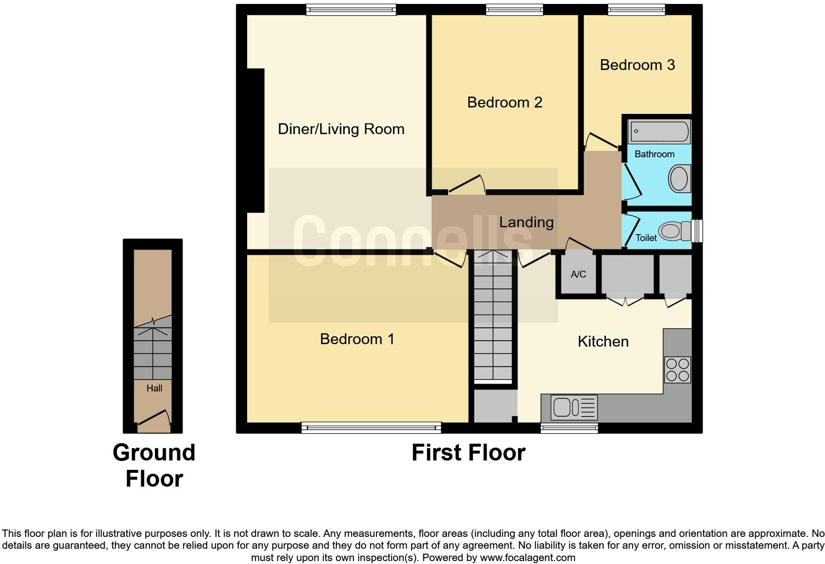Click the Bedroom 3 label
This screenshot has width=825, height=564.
tap(637, 65)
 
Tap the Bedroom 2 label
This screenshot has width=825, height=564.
tap(504, 103)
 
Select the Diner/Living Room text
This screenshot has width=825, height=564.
tap(341, 129)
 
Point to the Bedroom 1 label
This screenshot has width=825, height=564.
tap(357, 339)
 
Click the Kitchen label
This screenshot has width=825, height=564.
tap(603, 342)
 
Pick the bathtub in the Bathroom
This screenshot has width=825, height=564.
tap(659, 132)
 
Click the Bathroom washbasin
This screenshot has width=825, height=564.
tap(679, 178)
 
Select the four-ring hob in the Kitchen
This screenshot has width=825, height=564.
tap(677, 370)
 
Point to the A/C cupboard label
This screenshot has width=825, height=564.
tap(578, 275)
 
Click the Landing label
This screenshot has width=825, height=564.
tap(526, 222)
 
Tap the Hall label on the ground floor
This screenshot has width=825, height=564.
tap(154, 388)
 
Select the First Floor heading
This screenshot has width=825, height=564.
tap(468, 453)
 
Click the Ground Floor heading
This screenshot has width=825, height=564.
tap(154, 465)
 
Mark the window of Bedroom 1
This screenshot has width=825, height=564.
tap(371, 427)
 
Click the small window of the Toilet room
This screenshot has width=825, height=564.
tap(697, 231)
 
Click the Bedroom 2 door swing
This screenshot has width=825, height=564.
tap(467, 185)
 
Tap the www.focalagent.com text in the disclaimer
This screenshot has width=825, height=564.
tap(527, 558)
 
